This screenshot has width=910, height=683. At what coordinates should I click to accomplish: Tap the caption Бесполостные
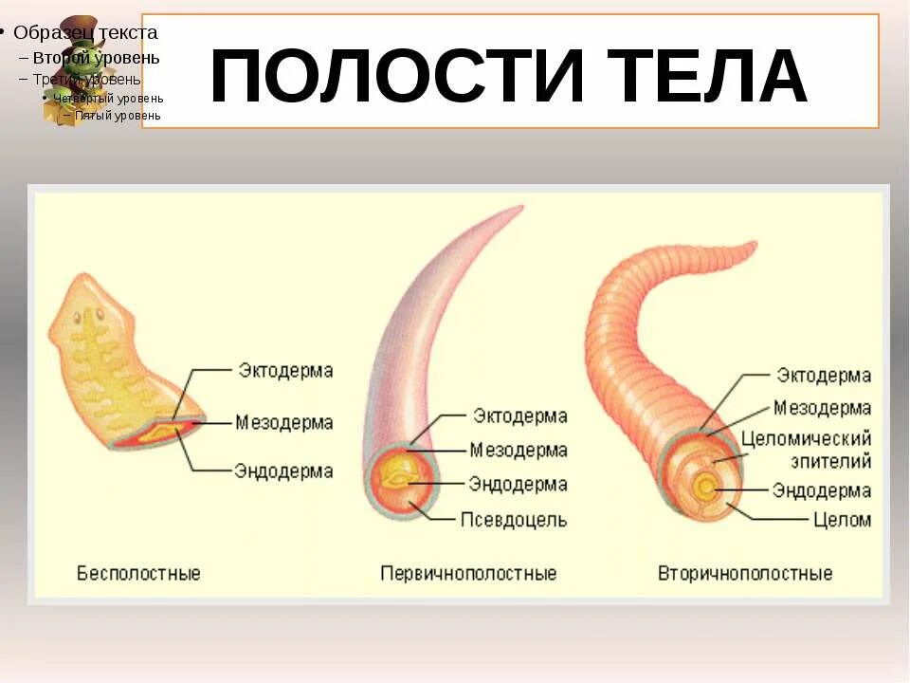click(x=138, y=573)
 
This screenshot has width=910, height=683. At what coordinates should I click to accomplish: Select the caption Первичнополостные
click(x=468, y=573)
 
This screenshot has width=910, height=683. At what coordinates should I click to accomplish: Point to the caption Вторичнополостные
click(x=745, y=573)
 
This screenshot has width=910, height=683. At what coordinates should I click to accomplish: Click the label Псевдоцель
click(x=514, y=519)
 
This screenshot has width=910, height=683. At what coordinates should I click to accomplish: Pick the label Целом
click(x=842, y=519)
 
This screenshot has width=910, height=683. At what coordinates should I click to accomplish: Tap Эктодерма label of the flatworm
click(x=285, y=370)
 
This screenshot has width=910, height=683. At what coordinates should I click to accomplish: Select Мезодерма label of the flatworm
click(x=285, y=422)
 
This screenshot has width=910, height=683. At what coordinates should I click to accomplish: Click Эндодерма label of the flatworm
click(x=284, y=471)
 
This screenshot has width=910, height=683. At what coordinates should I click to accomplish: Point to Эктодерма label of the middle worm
click(x=519, y=416)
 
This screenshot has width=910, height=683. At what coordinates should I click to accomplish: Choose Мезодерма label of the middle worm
click(x=519, y=451)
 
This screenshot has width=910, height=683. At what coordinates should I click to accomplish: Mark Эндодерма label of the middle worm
click(x=518, y=484)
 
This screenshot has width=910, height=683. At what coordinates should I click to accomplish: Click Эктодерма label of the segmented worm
click(x=824, y=376)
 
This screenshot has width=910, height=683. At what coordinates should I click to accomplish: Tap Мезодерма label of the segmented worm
click(x=822, y=409)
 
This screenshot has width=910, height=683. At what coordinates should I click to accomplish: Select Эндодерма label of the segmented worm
click(x=821, y=490)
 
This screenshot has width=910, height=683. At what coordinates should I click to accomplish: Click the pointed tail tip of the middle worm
click(x=519, y=208)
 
